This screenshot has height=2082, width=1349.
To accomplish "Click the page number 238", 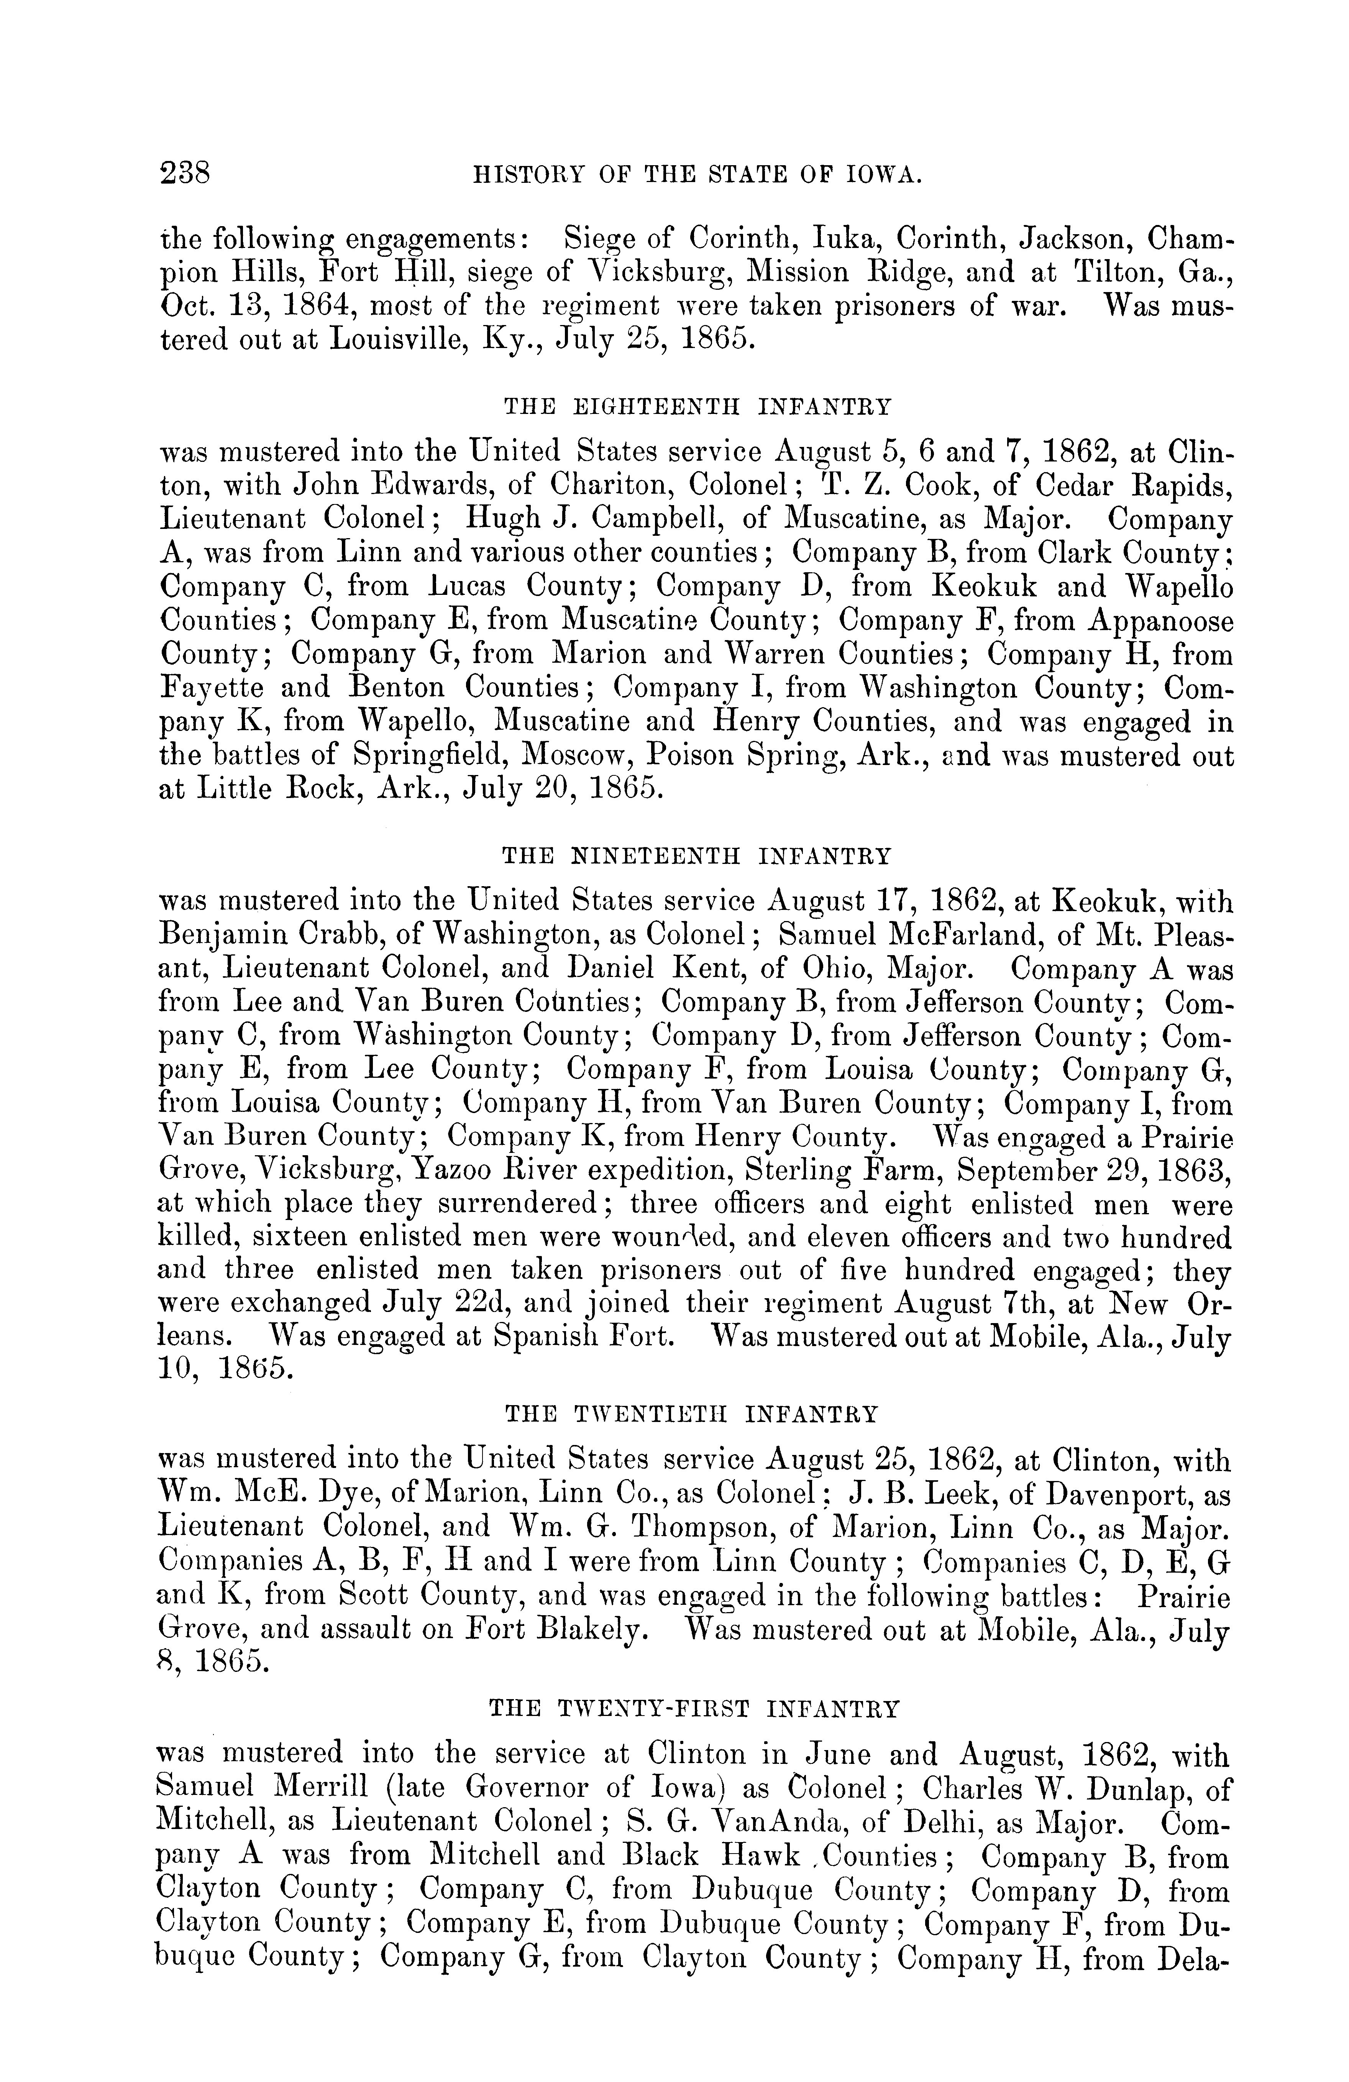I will click(185, 172).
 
